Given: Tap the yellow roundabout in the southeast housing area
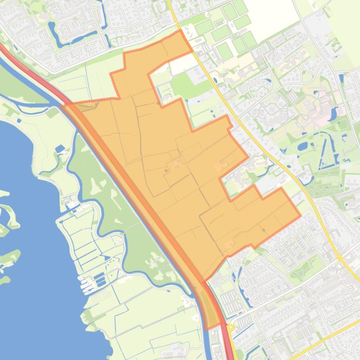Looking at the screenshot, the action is pos(340,258).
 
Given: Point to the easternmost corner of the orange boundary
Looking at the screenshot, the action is pos(300,216).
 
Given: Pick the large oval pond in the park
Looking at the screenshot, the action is pos(302,146).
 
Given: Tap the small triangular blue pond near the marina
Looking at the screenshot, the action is pos(60,149).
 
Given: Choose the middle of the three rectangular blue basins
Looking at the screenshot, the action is pos(100,279).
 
